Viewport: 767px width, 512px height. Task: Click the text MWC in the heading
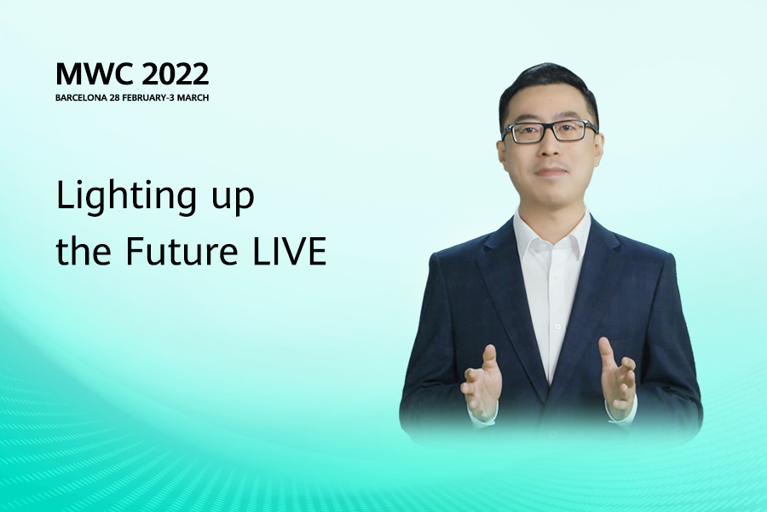[95, 74]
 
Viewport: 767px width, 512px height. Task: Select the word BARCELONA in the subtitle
[81, 97]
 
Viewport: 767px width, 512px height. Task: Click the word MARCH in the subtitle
[193, 97]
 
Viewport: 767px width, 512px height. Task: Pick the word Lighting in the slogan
[127, 197]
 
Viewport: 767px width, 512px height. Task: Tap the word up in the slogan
[233, 201]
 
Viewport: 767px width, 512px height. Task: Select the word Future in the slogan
[182, 251]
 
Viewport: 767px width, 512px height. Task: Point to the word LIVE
[289, 251]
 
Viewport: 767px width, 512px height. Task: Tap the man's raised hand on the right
[617, 377]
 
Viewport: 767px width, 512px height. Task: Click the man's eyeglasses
[550, 131]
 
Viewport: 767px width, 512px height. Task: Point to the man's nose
[550, 147]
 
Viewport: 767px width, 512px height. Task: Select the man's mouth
[551, 172]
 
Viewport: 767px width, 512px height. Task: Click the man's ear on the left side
[501, 153]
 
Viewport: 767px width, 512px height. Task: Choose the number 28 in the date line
[114, 97]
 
